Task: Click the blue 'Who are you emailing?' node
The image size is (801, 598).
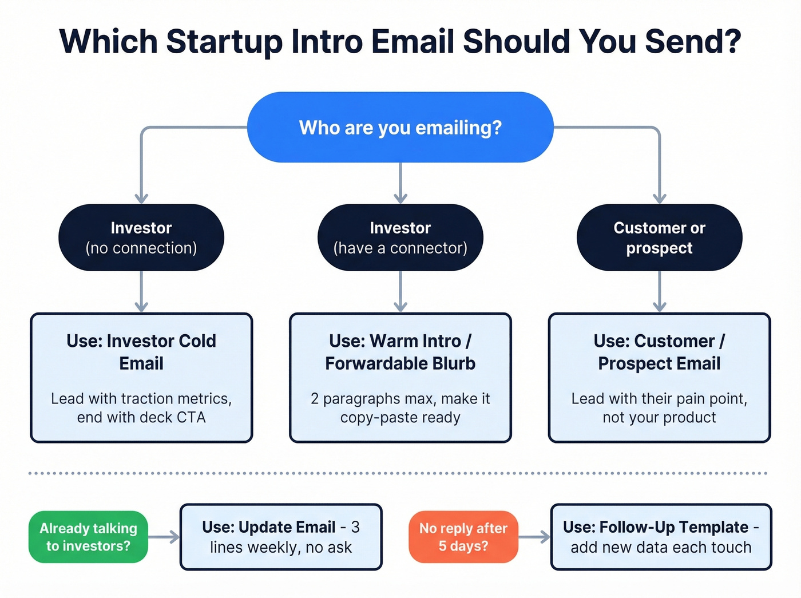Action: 400,127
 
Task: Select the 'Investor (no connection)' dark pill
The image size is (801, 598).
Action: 141,237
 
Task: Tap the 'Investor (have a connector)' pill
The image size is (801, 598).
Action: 400,237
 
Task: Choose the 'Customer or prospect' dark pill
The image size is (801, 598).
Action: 659,237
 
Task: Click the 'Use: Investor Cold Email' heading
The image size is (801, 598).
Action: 141,352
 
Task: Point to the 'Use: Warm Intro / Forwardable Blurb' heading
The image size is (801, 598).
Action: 400,352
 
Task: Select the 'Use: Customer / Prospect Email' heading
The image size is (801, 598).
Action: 659,352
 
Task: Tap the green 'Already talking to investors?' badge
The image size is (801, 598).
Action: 88,537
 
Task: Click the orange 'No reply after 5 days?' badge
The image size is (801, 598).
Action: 463,537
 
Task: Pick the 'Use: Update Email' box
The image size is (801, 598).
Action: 281,537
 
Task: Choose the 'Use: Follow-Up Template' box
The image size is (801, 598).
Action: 661,537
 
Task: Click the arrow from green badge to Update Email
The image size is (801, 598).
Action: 164,537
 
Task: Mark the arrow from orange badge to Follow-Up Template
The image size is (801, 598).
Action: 534,537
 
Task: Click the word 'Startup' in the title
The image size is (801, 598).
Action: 224,42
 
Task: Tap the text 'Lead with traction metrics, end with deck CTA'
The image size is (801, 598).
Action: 141,407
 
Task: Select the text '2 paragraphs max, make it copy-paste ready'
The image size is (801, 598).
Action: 400,407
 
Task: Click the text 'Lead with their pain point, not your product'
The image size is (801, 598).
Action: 659,407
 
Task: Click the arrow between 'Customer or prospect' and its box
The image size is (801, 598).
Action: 659,291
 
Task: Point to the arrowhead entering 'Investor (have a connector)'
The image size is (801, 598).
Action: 400,198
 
